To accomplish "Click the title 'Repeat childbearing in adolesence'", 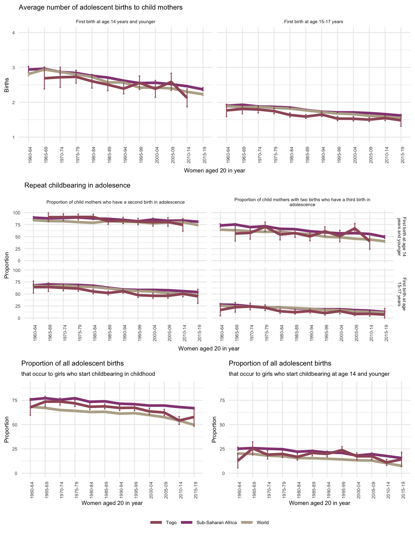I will click(x=77, y=185).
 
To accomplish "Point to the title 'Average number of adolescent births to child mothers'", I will click(x=101, y=7).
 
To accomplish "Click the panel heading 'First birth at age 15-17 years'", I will click(x=313, y=22).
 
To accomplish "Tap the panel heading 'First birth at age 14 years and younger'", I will click(x=115, y=22).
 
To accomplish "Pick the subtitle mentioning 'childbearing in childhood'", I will click(x=88, y=374).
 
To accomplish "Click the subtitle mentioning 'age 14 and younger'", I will click(x=309, y=374).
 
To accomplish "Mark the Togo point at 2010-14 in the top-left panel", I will click(x=187, y=98).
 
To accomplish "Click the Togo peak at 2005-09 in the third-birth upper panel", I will click(x=355, y=228).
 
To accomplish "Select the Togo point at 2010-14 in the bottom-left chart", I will click(x=179, y=421).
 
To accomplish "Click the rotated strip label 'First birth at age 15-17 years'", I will click(x=401, y=292).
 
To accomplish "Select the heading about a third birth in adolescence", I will click(x=302, y=202).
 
